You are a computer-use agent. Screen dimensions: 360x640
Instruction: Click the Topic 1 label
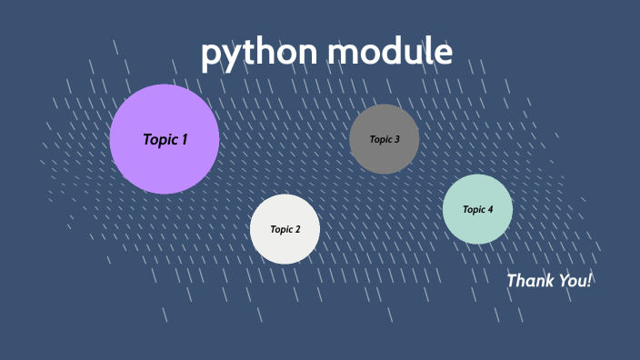click(x=165, y=139)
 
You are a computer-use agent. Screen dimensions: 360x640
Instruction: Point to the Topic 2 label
click(x=285, y=229)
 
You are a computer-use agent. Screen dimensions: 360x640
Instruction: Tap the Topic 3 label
click(x=384, y=139)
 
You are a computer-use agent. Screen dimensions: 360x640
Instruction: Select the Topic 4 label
click(x=477, y=209)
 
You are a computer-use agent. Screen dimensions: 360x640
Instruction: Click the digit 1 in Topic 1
click(x=184, y=139)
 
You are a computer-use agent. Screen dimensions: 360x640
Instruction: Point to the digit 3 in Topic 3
click(x=395, y=139)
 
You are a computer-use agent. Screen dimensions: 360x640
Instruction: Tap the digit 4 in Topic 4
click(x=490, y=209)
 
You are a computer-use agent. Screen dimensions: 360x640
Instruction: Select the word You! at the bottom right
click(x=574, y=280)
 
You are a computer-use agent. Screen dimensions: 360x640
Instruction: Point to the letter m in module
click(x=344, y=53)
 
